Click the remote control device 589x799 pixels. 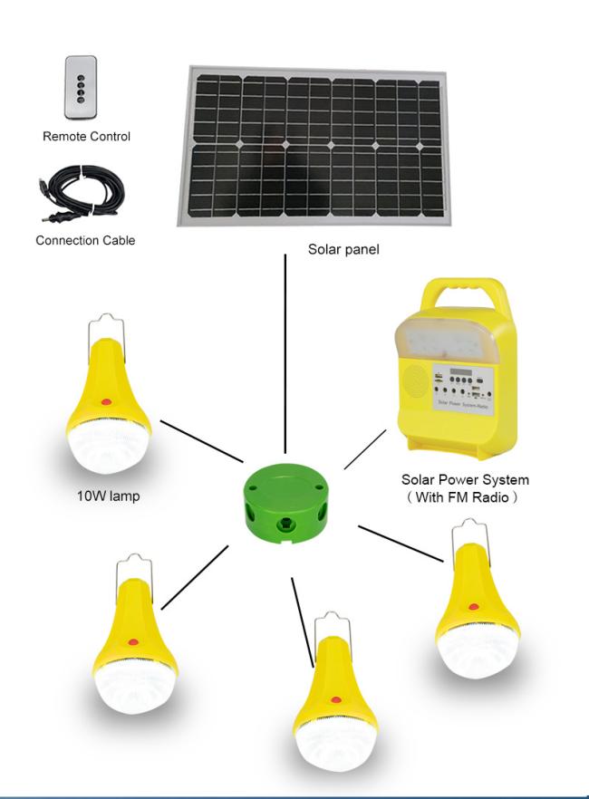(x=81, y=88)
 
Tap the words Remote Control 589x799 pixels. (x=87, y=137)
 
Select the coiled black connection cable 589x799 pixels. (x=82, y=193)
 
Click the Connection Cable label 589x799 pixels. (x=85, y=241)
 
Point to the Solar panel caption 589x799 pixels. (x=343, y=249)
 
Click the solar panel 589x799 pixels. (x=313, y=146)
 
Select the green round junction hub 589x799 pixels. (x=285, y=504)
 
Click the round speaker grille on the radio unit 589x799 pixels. (x=415, y=380)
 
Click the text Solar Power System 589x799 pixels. (x=465, y=479)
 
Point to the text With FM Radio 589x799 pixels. (x=462, y=496)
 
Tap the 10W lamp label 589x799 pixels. (x=108, y=496)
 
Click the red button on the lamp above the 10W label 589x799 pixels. (x=106, y=402)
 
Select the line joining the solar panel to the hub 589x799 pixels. (x=285, y=353)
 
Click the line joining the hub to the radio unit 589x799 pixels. (x=365, y=449)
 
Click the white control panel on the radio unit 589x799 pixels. (x=462, y=386)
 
